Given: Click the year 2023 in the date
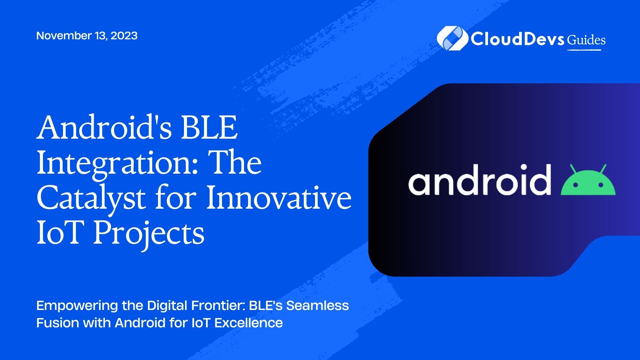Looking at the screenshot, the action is tap(124, 36).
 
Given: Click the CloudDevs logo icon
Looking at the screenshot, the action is tap(452, 39).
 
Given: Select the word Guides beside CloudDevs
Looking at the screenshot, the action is tap(586, 40).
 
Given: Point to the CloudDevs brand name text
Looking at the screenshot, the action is tap(517, 39).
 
